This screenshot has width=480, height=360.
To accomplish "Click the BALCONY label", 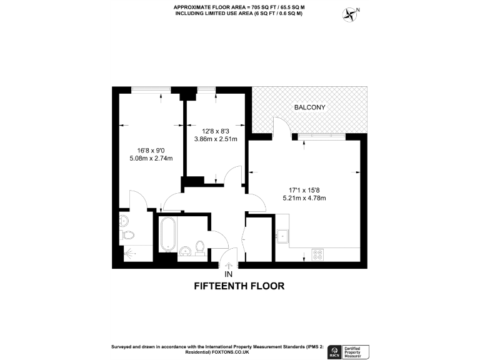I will (x=309, y=107).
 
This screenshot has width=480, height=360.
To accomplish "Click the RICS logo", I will (x=335, y=351).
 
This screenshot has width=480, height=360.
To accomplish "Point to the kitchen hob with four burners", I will (x=317, y=254).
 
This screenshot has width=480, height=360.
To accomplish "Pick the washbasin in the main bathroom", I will (x=185, y=251).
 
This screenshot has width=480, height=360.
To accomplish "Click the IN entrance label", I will (x=228, y=274).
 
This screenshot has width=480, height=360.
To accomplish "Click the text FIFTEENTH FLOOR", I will (x=239, y=286).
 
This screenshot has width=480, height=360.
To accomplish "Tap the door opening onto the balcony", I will (x=281, y=129).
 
